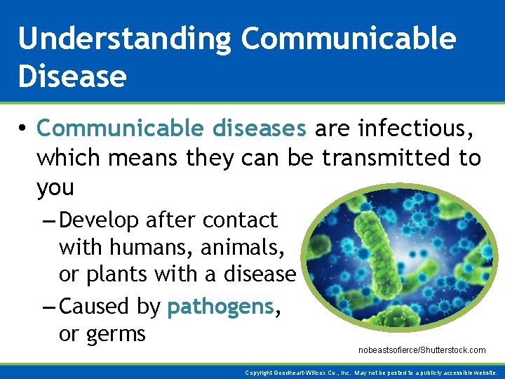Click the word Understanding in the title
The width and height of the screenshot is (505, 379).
(124, 39)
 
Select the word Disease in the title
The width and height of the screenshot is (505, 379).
(72, 76)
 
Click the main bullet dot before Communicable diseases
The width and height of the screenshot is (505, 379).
(22, 129)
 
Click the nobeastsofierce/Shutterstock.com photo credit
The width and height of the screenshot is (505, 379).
(422, 350)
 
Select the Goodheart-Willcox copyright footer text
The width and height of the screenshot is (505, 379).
(372, 373)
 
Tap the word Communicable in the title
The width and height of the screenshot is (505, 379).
(349, 39)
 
